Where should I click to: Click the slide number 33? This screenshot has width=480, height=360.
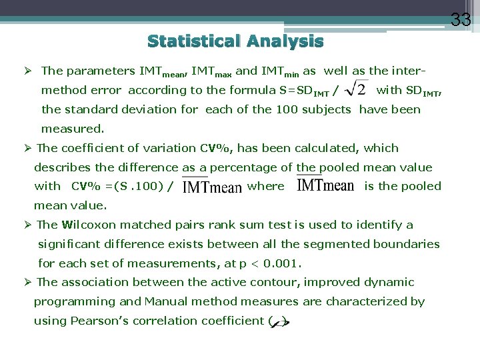click(x=461, y=20)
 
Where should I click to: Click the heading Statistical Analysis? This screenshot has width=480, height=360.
click(x=235, y=42)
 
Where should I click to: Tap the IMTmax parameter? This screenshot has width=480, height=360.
click(x=213, y=71)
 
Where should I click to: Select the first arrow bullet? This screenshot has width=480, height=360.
click(x=29, y=71)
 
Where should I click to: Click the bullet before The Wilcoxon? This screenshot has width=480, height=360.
click(x=29, y=225)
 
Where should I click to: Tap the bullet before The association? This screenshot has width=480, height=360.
click(x=29, y=283)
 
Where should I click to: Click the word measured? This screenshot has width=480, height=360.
click(x=73, y=128)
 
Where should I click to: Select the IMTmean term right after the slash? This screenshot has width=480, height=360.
click(x=212, y=187)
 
